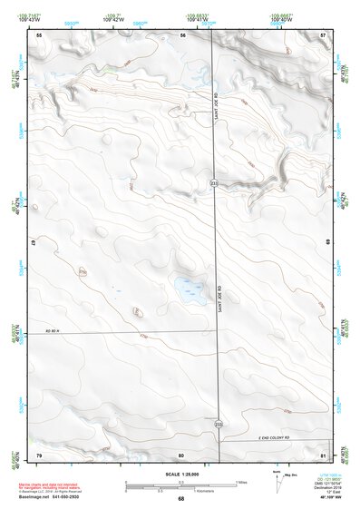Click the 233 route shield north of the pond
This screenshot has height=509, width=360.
214,184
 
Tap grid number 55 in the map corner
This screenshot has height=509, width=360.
39,34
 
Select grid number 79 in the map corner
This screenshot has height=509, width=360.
39,454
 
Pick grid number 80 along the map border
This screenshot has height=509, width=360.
181,454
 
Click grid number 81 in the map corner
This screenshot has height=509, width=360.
324,454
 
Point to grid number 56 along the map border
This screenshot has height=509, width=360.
183,34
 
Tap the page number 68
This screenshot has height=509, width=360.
181,499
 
